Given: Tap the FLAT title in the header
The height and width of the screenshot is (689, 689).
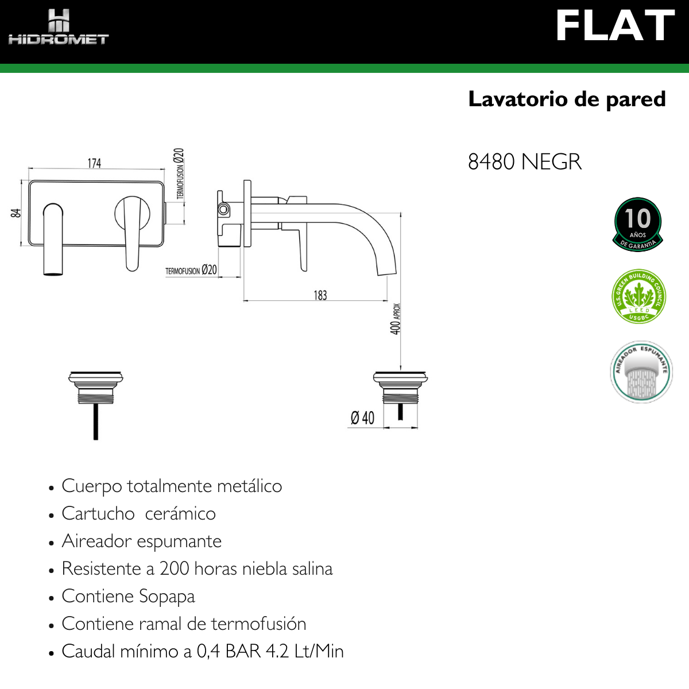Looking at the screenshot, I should (614, 26).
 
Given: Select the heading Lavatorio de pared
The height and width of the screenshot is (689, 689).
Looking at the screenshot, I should (567, 99).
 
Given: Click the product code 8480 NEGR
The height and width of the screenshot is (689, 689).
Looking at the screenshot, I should (524, 162).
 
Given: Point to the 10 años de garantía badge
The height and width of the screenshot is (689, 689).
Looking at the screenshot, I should (638, 224).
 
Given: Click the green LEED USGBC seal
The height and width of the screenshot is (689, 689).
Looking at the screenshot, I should (638, 297).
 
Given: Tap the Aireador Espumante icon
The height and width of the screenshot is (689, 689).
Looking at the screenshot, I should (641, 372).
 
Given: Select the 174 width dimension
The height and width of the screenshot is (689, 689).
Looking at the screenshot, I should (94, 164).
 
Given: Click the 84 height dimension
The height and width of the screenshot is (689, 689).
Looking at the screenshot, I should (16, 212).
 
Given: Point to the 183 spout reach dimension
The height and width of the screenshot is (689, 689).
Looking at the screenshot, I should (320, 295).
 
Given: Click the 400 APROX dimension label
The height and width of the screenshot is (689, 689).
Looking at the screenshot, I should (396, 319).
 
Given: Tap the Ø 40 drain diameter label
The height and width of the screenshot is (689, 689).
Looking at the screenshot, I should (362, 418).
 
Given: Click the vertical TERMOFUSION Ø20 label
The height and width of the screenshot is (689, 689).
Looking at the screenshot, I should (179, 173).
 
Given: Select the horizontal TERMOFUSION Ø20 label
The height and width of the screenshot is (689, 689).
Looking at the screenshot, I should (191, 270).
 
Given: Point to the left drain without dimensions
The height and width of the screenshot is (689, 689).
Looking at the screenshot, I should (96, 402).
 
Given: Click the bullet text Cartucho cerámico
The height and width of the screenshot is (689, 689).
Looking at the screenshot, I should (138, 513).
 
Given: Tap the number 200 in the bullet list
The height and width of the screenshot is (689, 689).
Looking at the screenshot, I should (174, 568).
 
